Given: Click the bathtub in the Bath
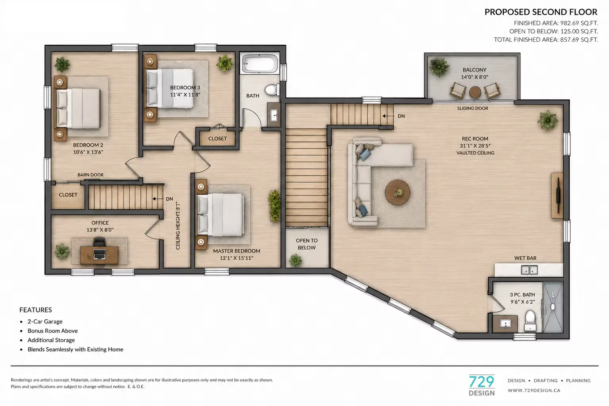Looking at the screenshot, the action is pos(260,63).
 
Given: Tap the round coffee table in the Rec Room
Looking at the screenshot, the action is pos(397,192).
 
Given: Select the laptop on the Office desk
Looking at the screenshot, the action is pos(99,254).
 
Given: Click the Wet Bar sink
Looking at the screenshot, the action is pos(529,270).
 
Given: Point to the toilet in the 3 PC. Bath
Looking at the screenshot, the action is pos(530,321).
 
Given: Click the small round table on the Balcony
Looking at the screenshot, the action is pos(475,92).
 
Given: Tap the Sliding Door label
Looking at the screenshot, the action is pos(472,108).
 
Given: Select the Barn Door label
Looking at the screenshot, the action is pos(90,175).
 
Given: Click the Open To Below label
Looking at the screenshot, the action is pos(306,244).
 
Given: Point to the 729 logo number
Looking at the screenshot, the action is pos(482,382).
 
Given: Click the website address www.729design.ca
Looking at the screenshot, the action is pos(534,390).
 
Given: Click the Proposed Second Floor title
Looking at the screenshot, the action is pos(541,12).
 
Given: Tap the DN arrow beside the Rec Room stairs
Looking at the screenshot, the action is pos(389,116).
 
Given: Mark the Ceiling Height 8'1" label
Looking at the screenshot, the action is pos(178,225).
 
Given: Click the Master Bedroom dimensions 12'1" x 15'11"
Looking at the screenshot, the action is pos(237,258).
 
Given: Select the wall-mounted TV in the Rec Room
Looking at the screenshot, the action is pos(558,195).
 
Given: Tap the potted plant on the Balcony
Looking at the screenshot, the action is pos(439,67).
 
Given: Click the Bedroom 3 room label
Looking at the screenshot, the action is pos(185,87).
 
